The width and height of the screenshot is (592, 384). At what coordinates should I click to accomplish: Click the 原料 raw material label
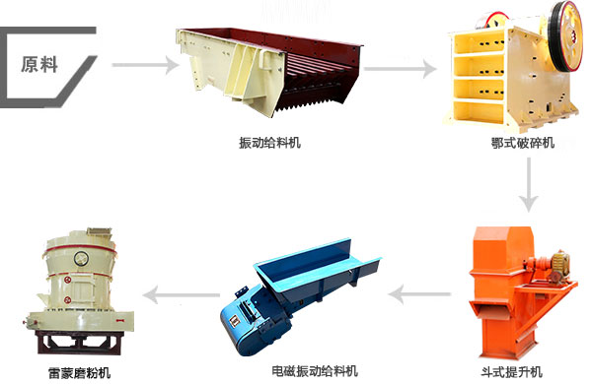coord(39,66)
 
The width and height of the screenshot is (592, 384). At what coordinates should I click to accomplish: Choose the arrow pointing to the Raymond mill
coord(182,292)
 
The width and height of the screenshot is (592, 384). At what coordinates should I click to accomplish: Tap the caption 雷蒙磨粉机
coord(79,373)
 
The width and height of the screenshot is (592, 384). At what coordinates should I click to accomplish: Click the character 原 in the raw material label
coord(31,66)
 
